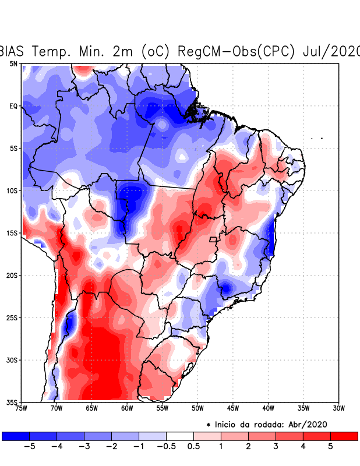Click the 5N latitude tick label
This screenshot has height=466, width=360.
pyautogui.click(x=13, y=63)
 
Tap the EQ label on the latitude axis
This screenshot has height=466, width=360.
pyautogui.click(x=13, y=106)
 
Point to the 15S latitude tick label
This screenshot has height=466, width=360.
pyautogui.click(x=12, y=233)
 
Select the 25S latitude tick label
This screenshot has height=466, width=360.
pyautogui.click(x=12, y=317)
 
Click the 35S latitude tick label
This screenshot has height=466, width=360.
pyautogui.click(x=12, y=402)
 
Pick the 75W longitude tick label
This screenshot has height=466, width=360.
pyautogui.click(x=22, y=408)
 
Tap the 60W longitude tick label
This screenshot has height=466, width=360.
pyautogui.click(x=127, y=408)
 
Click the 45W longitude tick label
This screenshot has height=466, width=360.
pyautogui.click(x=233, y=408)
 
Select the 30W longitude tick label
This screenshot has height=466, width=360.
pyautogui.click(x=338, y=408)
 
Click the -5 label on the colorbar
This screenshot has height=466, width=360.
pyautogui.click(x=29, y=447)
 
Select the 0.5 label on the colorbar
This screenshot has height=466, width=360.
pyautogui.click(x=193, y=447)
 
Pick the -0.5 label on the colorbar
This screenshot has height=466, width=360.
pyautogui.click(x=166, y=447)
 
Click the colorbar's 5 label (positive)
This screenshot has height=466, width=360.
pyautogui.click(x=330, y=447)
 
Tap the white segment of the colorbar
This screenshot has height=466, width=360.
pyautogui.click(x=180, y=436)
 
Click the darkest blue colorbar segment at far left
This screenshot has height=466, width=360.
pyautogui.click(x=16, y=436)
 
